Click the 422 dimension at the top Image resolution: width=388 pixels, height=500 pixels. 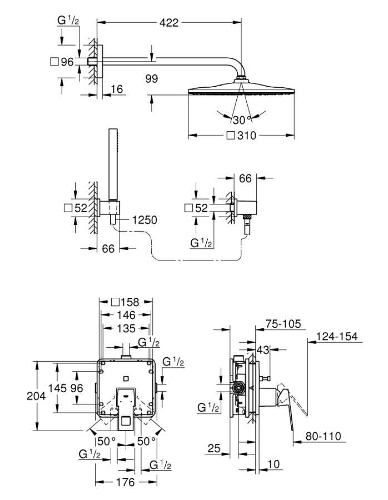click(x=168, y=23)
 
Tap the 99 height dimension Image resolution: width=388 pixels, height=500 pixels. click(x=151, y=79)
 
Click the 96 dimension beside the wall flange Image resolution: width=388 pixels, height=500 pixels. click(x=67, y=62)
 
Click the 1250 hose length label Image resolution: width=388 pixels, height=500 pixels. click(x=145, y=220)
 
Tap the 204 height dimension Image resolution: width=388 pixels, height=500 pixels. click(x=16, y=396)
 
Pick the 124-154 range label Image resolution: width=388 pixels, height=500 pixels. click(x=337, y=336)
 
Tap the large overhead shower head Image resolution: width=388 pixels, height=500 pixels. click(x=241, y=91)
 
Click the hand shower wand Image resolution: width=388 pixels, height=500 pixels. click(x=114, y=161)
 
